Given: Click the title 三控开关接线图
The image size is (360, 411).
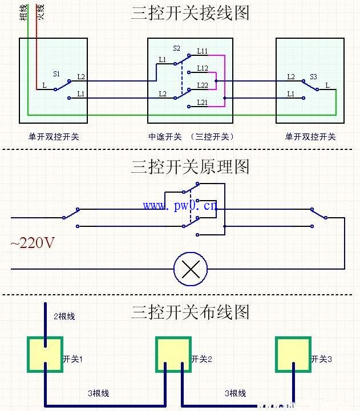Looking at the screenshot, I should tap(191, 13).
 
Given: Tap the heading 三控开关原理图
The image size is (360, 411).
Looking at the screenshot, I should tap(191, 167).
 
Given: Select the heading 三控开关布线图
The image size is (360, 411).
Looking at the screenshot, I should tap(191, 312).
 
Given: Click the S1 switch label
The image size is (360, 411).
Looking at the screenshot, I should tap(56, 74).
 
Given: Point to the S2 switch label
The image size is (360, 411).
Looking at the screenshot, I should tap(176, 49).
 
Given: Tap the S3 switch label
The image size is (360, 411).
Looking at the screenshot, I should tap(314, 76).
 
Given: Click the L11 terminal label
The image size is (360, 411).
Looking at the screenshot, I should tap(203, 51).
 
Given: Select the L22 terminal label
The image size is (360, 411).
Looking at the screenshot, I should tap(203, 85).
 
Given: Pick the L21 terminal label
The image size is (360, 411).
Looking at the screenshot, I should tap(203, 102).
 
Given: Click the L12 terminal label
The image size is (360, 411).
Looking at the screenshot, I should tap(203, 68).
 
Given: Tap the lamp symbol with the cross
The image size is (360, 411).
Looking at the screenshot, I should tap(191, 268).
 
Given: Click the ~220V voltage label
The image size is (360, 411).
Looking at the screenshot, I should tap(33, 243).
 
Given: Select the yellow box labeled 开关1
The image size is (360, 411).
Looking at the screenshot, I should tap(45, 355).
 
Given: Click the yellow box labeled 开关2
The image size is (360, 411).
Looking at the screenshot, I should tap(174, 355).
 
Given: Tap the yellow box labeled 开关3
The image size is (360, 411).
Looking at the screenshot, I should tap(293, 354).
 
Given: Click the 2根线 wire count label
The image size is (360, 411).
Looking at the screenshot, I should tap(64, 316).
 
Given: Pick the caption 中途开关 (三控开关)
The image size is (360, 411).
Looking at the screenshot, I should tap(191, 137).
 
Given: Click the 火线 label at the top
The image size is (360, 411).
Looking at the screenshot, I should tap(40, 11).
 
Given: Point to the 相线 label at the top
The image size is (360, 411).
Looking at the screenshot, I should tap(23, 11).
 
